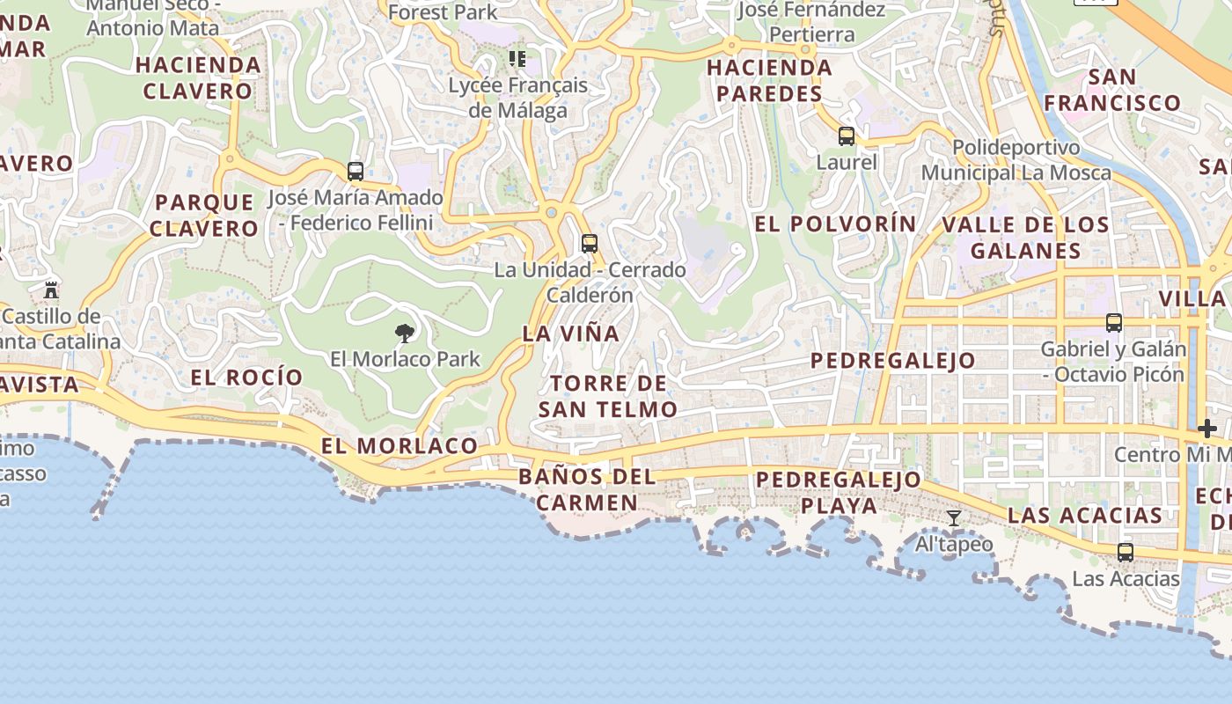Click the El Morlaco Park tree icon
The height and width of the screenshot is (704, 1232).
tap(405, 333)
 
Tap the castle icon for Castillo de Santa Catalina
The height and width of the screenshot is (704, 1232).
tap(51, 290)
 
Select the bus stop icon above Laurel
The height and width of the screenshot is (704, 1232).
tap(847, 136)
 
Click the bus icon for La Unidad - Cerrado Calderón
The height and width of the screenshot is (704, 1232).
tap(590, 244)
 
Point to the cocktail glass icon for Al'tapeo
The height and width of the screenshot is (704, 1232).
tap(953, 518)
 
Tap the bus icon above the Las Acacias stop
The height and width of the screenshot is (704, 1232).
tap(1126, 553)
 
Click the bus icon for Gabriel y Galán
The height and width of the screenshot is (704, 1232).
tap(1114, 323)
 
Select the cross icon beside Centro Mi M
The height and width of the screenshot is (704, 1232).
tap(1207, 429)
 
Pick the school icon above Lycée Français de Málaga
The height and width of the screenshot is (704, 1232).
tap(517, 60)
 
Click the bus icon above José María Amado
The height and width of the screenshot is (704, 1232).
tap(356, 172)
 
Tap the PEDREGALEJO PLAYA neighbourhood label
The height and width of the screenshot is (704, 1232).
tap(839, 493)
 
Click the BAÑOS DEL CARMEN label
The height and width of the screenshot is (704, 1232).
tap(587, 490)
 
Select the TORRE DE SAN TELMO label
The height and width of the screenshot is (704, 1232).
tap(607, 396)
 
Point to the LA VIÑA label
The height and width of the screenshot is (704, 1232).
tap(571, 334)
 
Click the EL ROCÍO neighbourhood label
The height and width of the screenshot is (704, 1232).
tap(247, 378)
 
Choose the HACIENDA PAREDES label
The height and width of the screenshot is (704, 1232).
tap(769, 80)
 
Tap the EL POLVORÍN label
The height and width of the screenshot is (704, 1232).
tap(835, 224)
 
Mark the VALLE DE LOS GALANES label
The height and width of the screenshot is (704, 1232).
tap(1025, 238)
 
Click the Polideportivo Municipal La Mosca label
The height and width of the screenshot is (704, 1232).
tap(1016, 159)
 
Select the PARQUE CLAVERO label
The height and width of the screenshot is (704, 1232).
tap(203, 216)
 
